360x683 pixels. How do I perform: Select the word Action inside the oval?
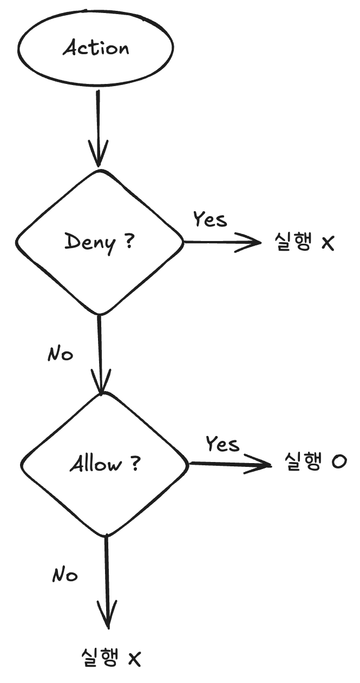[x=96, y=48]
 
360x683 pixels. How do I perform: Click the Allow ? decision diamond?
[x=104, y=464]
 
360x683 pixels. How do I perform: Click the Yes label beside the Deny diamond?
[x=210, y=220]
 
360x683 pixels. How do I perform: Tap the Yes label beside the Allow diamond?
[x=222, y=444]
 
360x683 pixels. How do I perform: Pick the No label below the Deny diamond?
[x=60, y=354]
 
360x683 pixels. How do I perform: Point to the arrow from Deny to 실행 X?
[x=222, y=242]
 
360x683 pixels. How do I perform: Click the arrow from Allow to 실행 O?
[x=230, y=464]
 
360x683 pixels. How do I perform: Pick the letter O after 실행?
[x=339, y=463]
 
